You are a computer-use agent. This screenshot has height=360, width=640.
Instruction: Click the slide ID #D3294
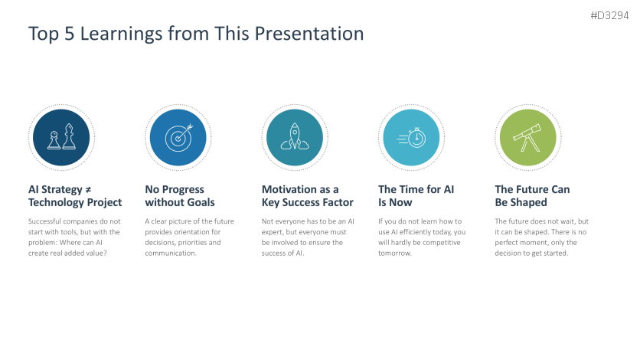click(609, 15)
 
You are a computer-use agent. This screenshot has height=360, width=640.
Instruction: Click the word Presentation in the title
click(309, 34)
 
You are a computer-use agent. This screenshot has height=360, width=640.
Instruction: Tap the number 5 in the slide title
click(70, 34)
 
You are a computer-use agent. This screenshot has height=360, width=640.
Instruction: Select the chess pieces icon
click(62, 137)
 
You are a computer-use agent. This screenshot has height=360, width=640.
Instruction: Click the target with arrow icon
click(179, 138)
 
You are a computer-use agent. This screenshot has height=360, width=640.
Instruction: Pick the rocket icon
click(295, 136)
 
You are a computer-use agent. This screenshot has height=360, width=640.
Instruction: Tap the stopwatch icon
click(411, 138)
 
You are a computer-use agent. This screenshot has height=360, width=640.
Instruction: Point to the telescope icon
click(527, 138)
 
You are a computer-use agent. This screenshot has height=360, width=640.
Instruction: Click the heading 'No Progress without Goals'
click(180, 196)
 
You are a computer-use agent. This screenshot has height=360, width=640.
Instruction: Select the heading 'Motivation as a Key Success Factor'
click(307, 196)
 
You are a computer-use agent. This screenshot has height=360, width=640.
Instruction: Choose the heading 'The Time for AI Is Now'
click(416, 196)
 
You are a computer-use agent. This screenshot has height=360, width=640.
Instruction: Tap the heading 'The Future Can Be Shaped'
click(532, 196)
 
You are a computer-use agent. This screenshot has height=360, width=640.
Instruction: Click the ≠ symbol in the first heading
click(88, 190)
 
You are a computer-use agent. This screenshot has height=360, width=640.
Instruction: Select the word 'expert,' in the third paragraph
click(273, 232)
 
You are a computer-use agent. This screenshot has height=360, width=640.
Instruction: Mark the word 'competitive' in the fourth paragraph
click(441, 243)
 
